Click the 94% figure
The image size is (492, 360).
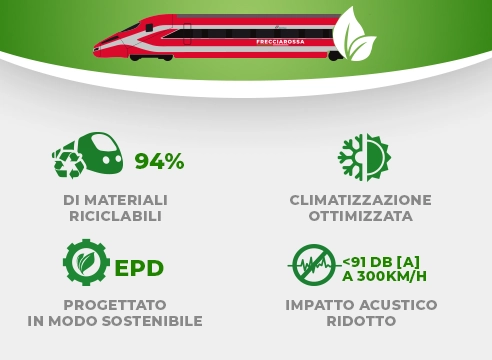click(x=159, y=161)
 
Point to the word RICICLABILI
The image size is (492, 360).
click(x=115, y=216)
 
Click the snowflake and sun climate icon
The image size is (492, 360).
click(x=363, y=156)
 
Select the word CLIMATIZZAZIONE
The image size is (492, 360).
click(x=360, y=199)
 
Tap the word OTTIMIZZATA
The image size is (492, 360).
click(x=360, y=216)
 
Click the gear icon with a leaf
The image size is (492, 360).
click(x=86, y=263)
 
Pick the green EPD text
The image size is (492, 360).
click(x=139, y=268)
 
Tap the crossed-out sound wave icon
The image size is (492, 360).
click(x=314, y=265)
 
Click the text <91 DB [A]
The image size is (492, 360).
click(x=385, y=259)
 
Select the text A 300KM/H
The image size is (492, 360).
click(x=385, y=276)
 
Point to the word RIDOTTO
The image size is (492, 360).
click(x=360, y=321)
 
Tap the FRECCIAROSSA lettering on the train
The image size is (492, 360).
click(x=279, y=41)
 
